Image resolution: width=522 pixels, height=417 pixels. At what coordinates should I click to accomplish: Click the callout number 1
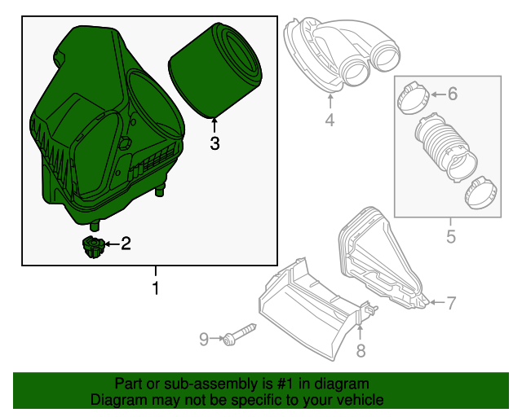[155, 288]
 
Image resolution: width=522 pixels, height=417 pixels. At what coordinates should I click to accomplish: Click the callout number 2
[126, 243]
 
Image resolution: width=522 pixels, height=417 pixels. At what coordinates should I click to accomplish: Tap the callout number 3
[215, 144]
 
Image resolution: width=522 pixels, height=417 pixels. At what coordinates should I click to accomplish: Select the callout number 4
[330, 121]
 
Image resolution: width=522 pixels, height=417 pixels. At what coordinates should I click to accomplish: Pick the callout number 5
[449, 238]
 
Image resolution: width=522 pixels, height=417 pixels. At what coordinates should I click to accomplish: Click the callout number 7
[450, 303]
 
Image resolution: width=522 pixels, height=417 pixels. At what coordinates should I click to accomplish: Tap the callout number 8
[361, 350]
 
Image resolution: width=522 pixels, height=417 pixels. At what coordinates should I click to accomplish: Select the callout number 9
[206, 337]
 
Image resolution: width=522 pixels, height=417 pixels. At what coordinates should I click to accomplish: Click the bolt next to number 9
[239, 334]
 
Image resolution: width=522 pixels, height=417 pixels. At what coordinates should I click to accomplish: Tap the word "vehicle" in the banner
[358, 400]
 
